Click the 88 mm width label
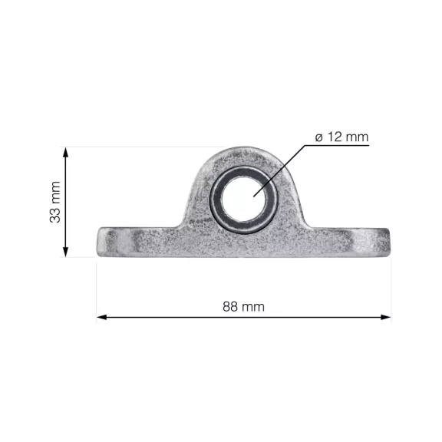243,306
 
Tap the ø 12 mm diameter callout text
341,137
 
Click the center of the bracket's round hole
243,198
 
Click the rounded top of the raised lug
243,153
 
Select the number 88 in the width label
231,306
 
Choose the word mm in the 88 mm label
254,306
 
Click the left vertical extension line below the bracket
97,292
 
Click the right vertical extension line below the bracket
391,292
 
